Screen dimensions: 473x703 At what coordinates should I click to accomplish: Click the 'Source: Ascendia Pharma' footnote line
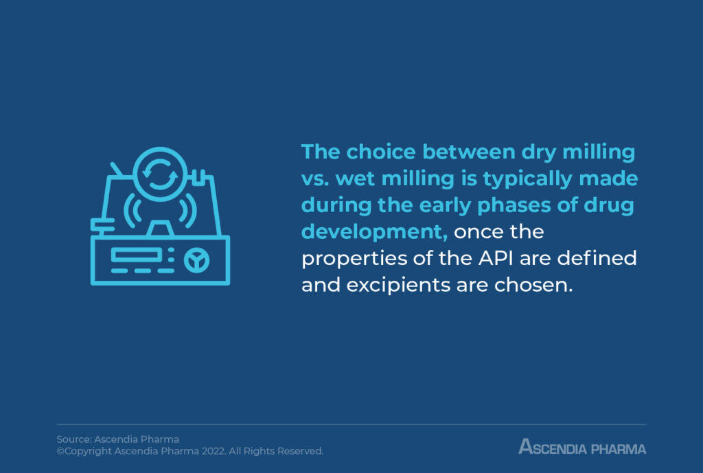pos(117,439)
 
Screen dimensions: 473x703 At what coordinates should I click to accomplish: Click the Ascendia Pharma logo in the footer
pos(582,448)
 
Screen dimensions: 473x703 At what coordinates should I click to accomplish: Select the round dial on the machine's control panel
pos(197,259)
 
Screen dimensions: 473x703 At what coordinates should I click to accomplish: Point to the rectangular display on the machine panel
pos(136,255)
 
